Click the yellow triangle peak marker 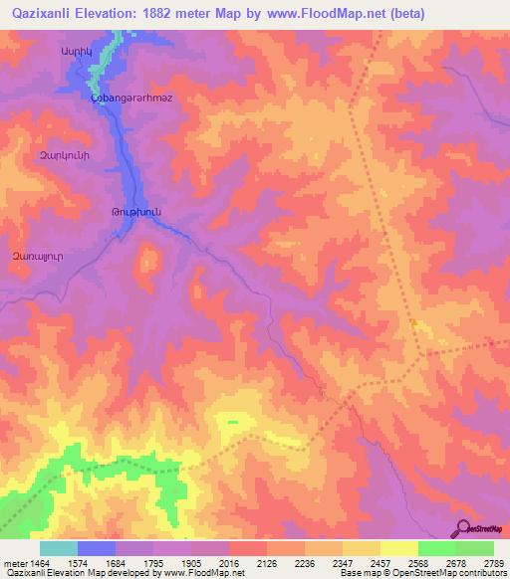(413, 322)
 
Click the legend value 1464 (40, 562)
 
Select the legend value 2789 (493, 562)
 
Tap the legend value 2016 (229, 562)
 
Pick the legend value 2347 (343, 562)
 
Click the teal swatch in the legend (59, 548)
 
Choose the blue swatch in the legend (97, 548)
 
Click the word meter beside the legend (14, 562)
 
